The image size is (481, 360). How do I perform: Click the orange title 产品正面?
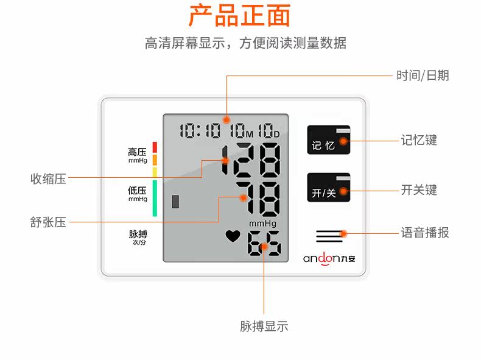point(239,16)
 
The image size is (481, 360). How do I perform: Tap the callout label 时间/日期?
point(422,76)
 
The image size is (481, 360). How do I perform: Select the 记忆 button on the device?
point(328,142)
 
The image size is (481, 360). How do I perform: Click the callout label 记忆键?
point(419,140)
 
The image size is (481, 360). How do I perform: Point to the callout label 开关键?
point(419,190)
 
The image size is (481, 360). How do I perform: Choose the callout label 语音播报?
point(425,233)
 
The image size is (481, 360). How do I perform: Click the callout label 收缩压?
point(48,179)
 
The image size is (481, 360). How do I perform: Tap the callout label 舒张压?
point(48,222)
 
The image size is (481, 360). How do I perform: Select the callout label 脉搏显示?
point(264,326)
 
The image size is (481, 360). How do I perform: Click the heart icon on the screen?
point(233,235)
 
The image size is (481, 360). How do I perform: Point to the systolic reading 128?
point(251,160)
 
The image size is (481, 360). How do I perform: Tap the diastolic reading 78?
point(259,198)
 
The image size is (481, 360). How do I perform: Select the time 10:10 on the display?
point(200,130)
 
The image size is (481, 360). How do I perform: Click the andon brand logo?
point(332,258)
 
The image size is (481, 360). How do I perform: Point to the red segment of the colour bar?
point(155,147)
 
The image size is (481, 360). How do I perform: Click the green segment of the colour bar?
point(155,198)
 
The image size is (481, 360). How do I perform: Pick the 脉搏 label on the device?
point(138,235)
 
